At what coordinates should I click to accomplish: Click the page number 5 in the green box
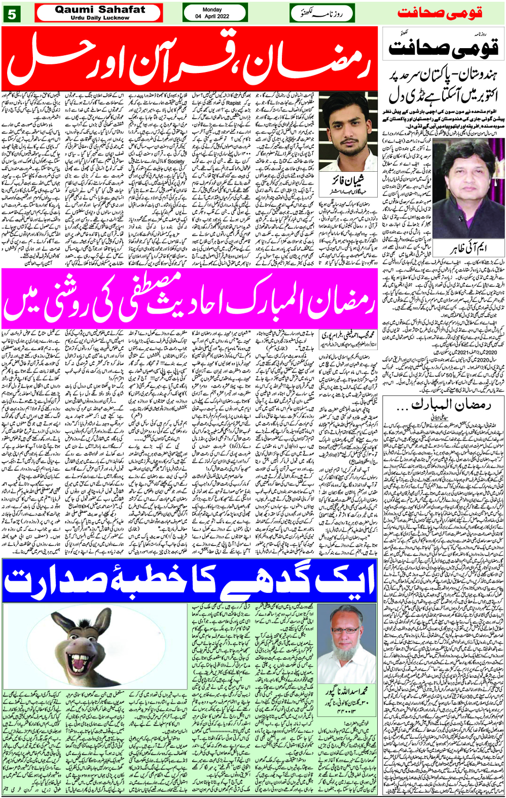click(x=11, y=14)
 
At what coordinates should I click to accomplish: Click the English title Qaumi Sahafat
click(x=99, y=10)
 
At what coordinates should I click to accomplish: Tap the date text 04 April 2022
click(x=212, y=16)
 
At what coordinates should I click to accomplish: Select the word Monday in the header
click(x=212, y=10)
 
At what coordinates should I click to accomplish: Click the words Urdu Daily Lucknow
click(x=99, y=18)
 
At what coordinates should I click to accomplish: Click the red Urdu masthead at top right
click(x=440, y=13)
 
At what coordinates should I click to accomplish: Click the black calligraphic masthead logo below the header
click(x=443, y=48)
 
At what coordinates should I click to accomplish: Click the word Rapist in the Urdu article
click(x=234, y=103)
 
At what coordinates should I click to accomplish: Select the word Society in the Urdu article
click(x=175, y=162)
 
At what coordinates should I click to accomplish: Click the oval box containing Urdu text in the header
click(x=322, y=14)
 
